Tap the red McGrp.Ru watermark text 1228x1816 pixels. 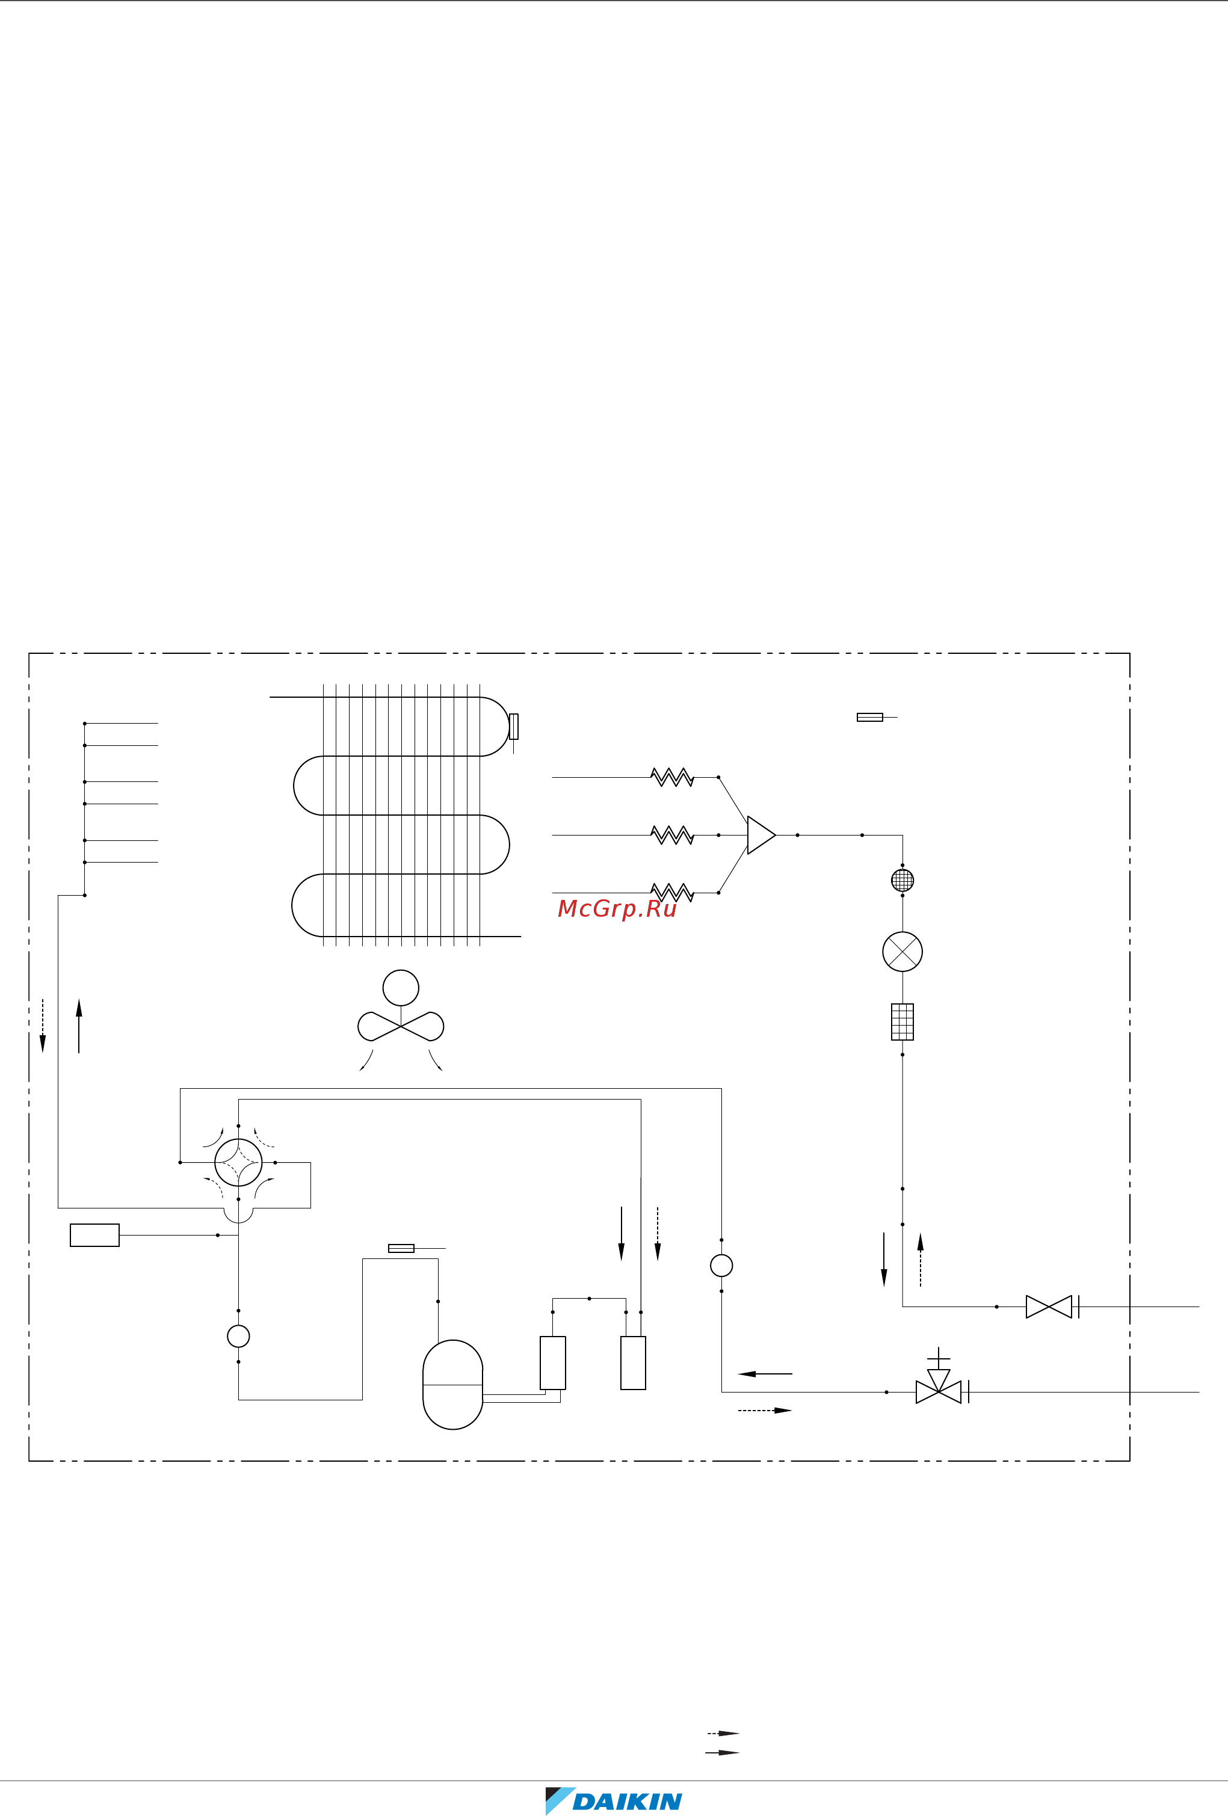point(617,909)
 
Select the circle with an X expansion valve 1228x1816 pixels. point(902,952)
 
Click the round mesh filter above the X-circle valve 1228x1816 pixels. point(902,881)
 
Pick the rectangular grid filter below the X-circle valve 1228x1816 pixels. point(902,1022)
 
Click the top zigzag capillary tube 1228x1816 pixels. point(672,778)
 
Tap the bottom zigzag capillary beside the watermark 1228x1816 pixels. point(672,893)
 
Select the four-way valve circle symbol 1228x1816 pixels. point(238,1163)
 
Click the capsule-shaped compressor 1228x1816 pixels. point(452,1385)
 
